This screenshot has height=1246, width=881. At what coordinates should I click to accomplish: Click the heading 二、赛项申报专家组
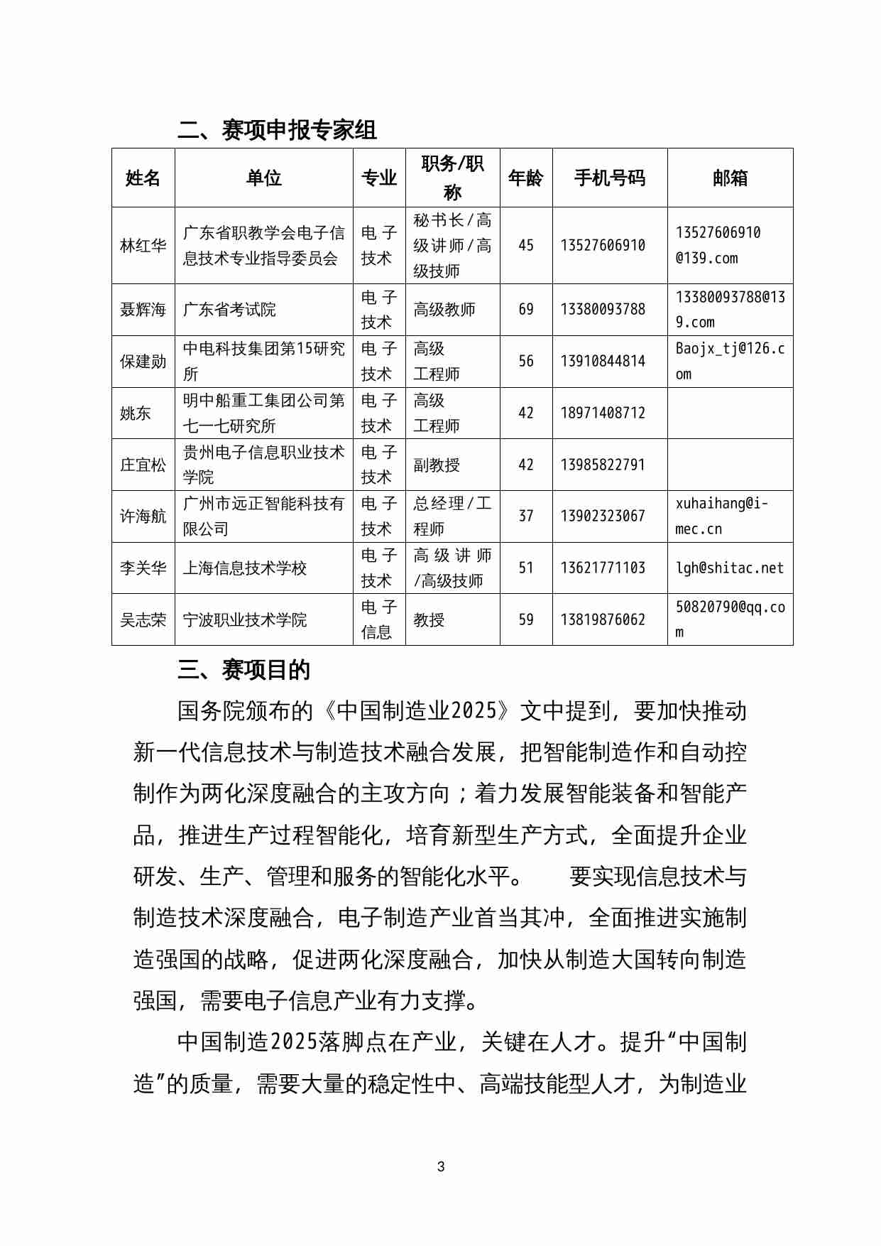(x=277, y=130)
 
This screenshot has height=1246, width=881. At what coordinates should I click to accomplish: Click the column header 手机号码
(x=609, y=178)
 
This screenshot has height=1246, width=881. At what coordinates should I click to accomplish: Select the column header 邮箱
(x=730, y=178)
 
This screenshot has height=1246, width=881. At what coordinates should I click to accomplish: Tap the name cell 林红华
(x=143, y=246)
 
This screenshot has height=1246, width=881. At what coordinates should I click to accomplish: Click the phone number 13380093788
(x=603, y=309)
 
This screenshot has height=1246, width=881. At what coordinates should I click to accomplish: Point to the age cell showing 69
(x=526, y=309)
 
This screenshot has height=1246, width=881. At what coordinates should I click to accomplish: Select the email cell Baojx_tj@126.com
(x=730, y=361)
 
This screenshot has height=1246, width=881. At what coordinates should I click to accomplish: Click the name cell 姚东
(x=136, y=413)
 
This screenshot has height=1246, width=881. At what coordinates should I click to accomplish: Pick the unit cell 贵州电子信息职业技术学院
(x=263, y=465)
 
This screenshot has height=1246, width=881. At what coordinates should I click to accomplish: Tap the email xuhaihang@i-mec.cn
(x=721, y=516)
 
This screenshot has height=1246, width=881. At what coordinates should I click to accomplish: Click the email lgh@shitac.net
(x=730, y=568)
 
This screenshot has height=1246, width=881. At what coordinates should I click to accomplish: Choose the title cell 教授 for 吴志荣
(x=429, y=619)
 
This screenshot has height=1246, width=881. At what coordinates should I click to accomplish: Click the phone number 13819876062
(x=603, y=619)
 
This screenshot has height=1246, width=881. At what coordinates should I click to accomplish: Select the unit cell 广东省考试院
(x=229, y=309)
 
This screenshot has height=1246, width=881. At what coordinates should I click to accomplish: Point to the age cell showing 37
(x=526, y=516)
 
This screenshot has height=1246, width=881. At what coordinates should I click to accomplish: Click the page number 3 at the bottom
(x=441, y=1166)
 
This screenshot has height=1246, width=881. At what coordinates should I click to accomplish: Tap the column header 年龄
(x=526, y=178)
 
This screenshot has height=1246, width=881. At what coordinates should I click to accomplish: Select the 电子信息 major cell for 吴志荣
(x=378, y=619)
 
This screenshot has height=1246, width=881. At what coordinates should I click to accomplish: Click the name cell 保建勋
(x=143, y=361)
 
